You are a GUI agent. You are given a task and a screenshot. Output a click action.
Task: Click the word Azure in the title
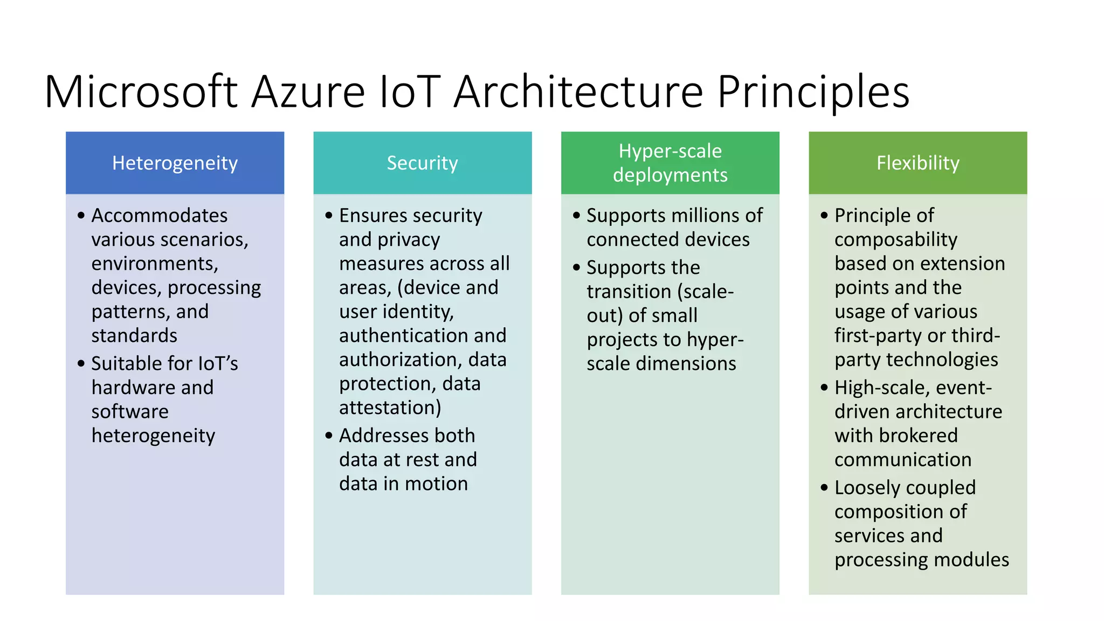click(x=308, y=92)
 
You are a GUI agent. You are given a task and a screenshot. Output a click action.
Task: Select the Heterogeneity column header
click(x=175, y=163)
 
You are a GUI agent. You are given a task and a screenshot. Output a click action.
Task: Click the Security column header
click(x=422, y=163)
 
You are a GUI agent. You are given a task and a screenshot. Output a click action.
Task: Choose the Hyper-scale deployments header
click(x=670, y=163)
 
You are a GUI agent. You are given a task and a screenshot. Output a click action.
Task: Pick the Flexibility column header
click(x=917, y=163)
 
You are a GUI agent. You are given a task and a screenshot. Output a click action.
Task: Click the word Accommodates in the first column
click(x=160, y=216)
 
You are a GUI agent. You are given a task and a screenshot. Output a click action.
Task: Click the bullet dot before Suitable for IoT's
click(x=81, y=363)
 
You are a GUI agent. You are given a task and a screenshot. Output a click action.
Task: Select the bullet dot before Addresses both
click(x=329, y=435)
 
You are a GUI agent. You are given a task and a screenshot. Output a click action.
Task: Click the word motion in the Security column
click(x=436, y=484)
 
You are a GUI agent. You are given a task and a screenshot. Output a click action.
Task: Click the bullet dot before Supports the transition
click(x=577, y=267)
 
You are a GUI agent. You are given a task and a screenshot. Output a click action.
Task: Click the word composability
click(x=896, y=240)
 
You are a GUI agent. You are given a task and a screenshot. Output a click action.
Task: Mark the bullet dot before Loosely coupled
click(x=824, y=487)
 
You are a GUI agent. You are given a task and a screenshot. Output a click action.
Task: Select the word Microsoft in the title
click(x=141, y=92)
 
